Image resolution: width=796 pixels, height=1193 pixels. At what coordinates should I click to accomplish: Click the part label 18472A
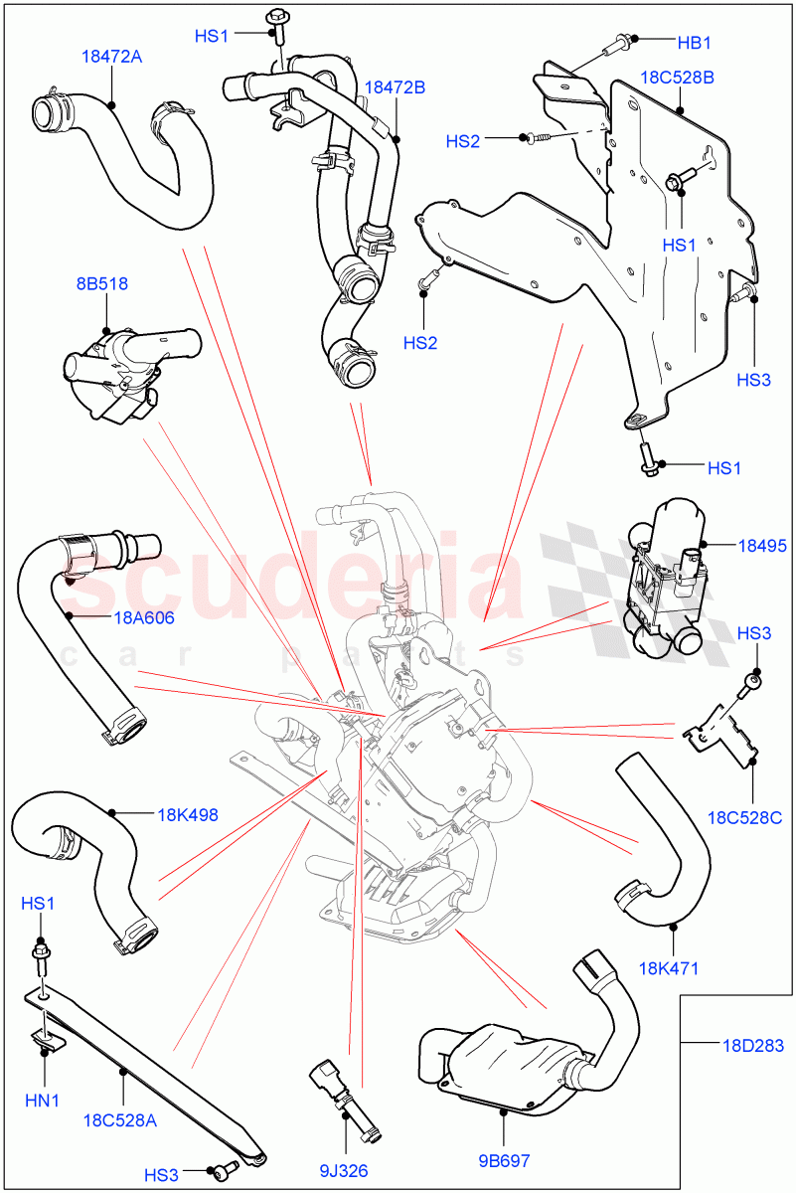pos(110,57)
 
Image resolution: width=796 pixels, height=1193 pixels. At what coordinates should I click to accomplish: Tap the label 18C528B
pos(677,78)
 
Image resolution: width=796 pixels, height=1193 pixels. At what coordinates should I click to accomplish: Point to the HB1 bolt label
pos(695,42)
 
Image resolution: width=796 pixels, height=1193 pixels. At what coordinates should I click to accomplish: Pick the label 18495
pos(762,545)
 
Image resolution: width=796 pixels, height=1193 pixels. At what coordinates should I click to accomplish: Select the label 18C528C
pos(744,818)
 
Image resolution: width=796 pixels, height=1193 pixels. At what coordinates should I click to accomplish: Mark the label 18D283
pos(752,1044)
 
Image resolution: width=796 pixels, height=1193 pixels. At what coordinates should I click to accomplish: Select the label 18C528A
pos(123,1119)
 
